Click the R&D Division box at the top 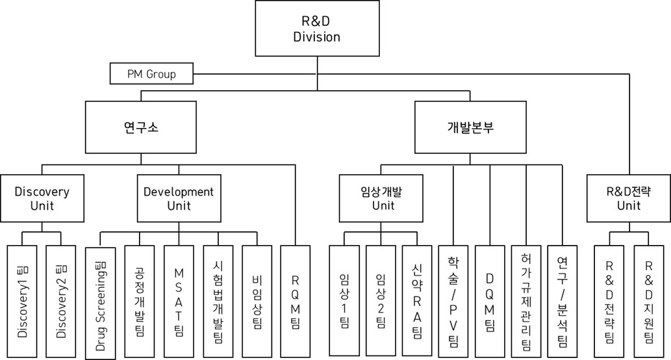[316, 29]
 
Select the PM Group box [151, 74]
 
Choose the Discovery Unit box [42, 198]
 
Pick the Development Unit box [178, 198]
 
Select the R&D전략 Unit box [628, 198]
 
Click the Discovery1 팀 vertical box [23, 301]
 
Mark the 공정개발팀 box [139, 301]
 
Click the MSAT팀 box [179, 301]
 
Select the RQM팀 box [296, 301]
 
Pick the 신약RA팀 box [417, 301]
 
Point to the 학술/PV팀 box [453, 301]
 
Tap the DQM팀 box [490, 301]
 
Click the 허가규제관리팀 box [526, 301]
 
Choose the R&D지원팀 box [648, 301]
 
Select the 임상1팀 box [344, 301]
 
